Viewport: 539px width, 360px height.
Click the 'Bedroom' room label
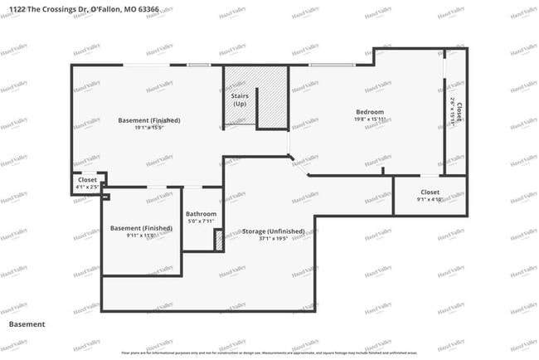click(370, 112)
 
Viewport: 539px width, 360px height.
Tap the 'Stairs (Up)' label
click(239, 100)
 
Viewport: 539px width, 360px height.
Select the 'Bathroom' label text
click(201, 214)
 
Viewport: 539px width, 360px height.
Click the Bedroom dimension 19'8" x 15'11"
click(370, 119)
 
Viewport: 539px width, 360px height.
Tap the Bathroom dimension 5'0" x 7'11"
click(201, 221)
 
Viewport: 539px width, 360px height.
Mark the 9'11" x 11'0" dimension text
click(142, 236)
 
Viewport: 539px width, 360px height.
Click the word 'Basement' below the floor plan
click(27, 324)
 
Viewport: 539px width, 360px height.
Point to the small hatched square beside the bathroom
click(219, 240)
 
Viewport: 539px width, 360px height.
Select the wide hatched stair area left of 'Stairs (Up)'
click(239, 83)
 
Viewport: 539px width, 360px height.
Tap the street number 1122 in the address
click(15, 8)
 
